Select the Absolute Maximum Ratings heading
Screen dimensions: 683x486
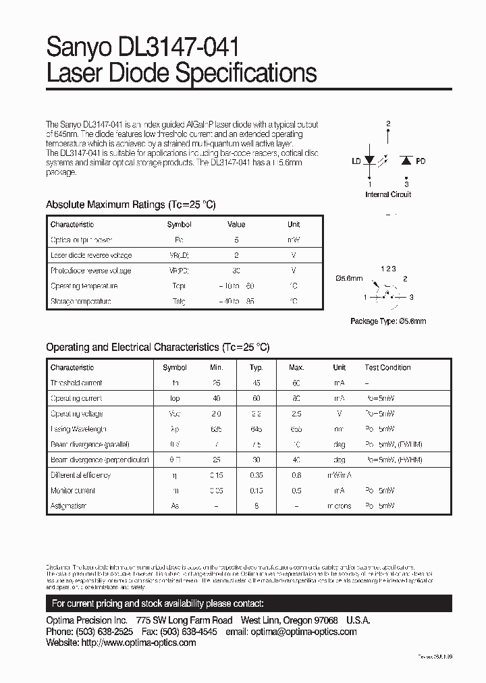click(130, 204)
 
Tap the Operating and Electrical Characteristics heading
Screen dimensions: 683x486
click(157, 348)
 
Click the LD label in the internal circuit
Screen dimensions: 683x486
click(356, 162)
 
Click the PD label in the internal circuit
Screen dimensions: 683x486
click(421, 162)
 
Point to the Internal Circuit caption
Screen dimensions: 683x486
click(388, 194)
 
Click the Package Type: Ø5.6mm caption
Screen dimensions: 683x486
click(388, 322)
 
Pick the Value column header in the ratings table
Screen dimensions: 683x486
click(236, 225)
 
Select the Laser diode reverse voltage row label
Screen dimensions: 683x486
click(91, 256)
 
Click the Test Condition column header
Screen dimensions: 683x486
click(387, 368)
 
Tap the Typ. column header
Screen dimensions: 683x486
click(256, 368)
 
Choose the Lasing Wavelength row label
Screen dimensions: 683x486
click(79, 429)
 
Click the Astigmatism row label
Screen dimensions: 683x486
click(69, 506)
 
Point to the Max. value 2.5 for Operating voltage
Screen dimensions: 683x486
click(296, 414)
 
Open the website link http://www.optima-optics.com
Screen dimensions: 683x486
click(138, 643)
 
